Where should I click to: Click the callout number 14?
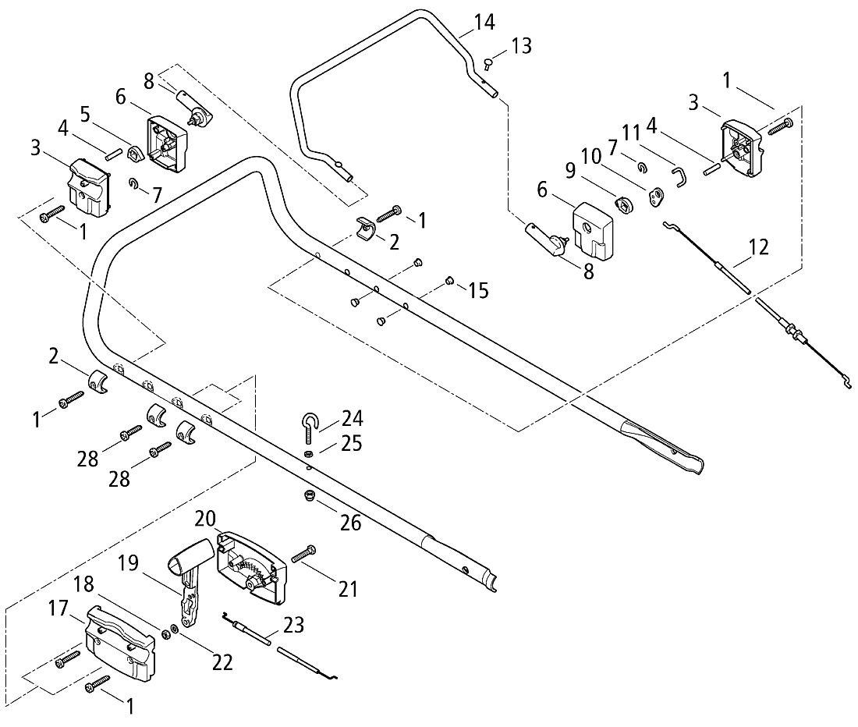point(484,22)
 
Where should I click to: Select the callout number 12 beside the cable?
point(757,248)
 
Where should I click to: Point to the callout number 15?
point(478,291)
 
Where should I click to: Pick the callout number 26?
point(350,522)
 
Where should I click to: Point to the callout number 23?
point(294,625)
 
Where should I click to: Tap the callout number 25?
point(351,445)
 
